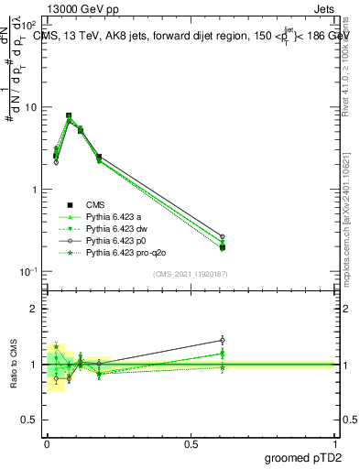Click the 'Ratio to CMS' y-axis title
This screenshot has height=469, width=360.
(x=14, y=365)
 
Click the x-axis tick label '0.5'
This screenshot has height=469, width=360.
(x=191, y=443)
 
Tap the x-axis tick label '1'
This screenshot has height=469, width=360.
(x=336, y=443)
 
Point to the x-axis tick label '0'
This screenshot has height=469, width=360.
(x=47, y=443)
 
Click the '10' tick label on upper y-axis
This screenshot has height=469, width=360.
(x=31, y=107)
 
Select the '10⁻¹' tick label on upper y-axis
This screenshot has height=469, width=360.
(x=28, y=271)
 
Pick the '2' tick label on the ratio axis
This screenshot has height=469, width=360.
(x=36, y=309)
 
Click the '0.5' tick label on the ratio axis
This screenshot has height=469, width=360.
(x=31, y=420)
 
